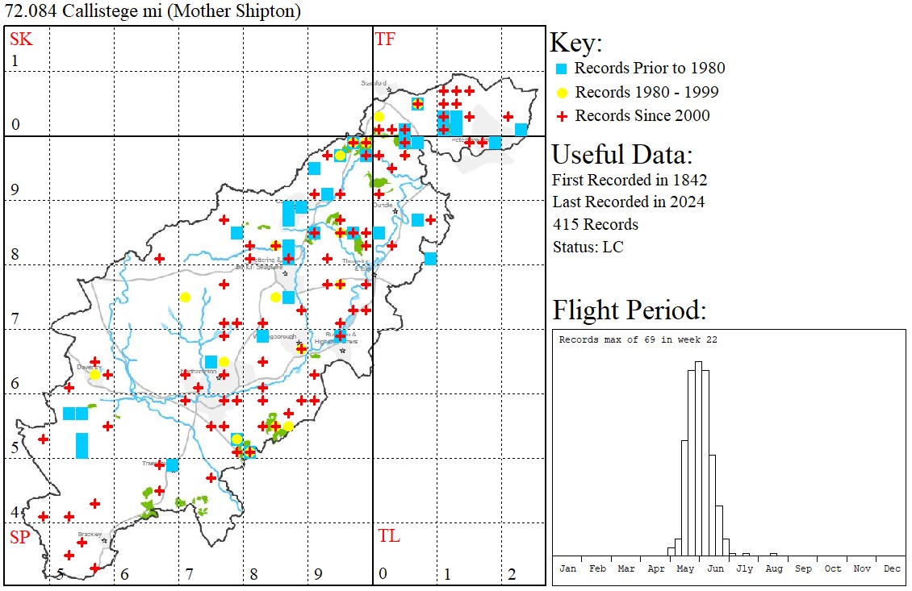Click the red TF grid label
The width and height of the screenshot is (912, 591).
385,39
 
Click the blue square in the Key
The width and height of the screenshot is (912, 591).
562,69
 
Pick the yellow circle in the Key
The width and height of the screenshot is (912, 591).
562,92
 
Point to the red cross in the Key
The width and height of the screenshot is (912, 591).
562,116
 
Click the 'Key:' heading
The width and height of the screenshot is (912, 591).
576,44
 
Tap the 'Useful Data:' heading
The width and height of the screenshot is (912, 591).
621,155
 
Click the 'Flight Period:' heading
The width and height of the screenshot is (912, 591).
630,310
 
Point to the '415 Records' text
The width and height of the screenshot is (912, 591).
595,224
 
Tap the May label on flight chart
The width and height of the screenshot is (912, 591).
685,568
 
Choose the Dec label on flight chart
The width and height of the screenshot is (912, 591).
891,568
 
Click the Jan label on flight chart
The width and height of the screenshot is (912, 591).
567,568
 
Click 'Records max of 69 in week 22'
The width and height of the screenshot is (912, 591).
638,339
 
